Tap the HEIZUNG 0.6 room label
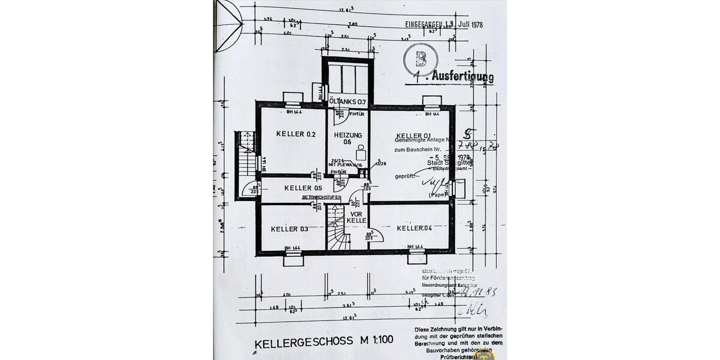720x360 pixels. point(348,138)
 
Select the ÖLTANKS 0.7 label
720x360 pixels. point(347,102)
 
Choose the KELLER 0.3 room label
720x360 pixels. point(289,229)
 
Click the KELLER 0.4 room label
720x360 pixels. point(414,228)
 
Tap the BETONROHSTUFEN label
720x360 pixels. point(322,197)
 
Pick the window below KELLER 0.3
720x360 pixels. point(294,259)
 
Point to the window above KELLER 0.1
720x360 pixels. point(432,100)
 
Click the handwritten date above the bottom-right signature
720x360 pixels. point(484,292)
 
